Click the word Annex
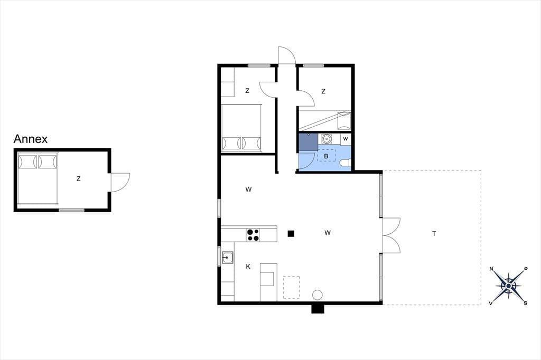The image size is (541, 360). pos(30,139)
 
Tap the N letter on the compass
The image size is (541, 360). pos(492,269)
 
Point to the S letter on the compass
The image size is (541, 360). pos(526,303)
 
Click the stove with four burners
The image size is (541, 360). pos(253,235)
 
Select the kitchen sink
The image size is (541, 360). pos(227,258)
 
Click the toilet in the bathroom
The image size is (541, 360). pos(346,163)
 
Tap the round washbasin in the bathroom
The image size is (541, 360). pos(326,139)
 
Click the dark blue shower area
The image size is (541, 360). pos(309,142)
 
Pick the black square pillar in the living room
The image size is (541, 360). pos(291,233)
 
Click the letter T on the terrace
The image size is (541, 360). pos(434,234)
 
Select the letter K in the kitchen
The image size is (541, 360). pos(248,266)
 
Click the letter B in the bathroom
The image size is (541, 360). pos(326,156)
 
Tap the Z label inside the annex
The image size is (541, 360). pos(79,178)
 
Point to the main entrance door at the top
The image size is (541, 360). pos(287,55)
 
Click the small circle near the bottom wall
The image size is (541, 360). pos(318,295)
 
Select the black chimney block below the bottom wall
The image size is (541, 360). pos(318,309)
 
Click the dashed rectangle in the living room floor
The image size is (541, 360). pos(291,287)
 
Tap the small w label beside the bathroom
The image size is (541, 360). pos(346,139)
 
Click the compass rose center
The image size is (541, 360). pos(509,286)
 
